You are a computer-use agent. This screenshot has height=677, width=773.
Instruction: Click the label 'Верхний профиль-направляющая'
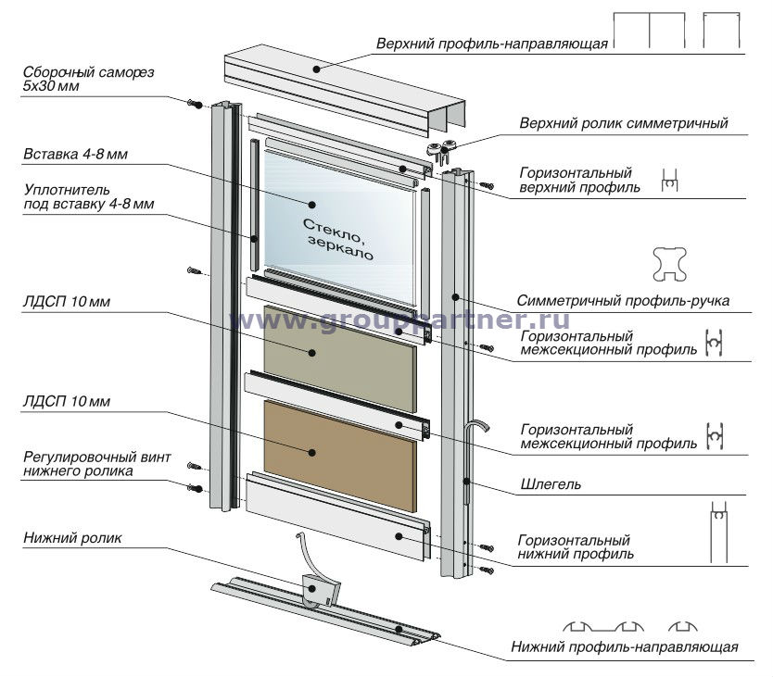point(491,44)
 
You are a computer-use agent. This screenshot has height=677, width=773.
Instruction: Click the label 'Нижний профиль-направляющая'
point(625,646)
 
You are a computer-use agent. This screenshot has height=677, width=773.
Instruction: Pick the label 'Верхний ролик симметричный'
point(624,123)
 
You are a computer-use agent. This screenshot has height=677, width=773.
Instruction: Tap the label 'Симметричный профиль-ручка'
point(623,300)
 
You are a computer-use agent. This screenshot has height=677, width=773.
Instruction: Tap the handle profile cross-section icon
point(671,265)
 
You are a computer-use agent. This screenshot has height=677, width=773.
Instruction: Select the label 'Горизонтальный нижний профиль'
point(575,546)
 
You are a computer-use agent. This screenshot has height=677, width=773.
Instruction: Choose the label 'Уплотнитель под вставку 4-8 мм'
point(88,196)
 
